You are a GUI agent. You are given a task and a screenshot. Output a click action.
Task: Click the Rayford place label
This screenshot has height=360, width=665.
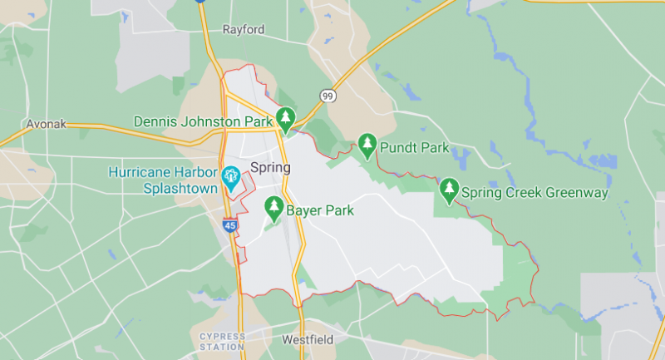[244, 30]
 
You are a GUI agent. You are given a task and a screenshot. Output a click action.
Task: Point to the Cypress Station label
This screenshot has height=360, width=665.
[223, 340]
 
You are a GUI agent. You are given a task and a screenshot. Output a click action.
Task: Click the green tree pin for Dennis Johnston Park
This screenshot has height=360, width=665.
[286, 118]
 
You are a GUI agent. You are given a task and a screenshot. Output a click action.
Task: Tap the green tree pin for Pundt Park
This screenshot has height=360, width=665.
[367, 145]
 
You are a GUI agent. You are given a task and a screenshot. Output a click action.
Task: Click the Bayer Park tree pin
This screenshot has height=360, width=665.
[273, 206]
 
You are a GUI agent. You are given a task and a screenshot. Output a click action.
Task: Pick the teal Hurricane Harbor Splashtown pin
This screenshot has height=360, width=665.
[230, 175]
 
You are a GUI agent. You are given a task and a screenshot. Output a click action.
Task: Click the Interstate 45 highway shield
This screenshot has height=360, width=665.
[230, 224]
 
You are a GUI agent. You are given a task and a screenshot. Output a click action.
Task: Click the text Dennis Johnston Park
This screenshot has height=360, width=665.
[204, 122]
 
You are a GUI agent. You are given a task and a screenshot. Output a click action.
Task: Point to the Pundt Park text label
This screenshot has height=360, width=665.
[414, 148]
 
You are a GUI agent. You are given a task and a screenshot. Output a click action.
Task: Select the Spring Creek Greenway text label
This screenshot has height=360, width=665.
[536, 193]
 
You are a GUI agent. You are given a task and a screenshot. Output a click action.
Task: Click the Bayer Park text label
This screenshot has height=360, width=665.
[320, 210]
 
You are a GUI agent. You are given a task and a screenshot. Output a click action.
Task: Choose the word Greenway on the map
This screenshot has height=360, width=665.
[578, 193]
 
